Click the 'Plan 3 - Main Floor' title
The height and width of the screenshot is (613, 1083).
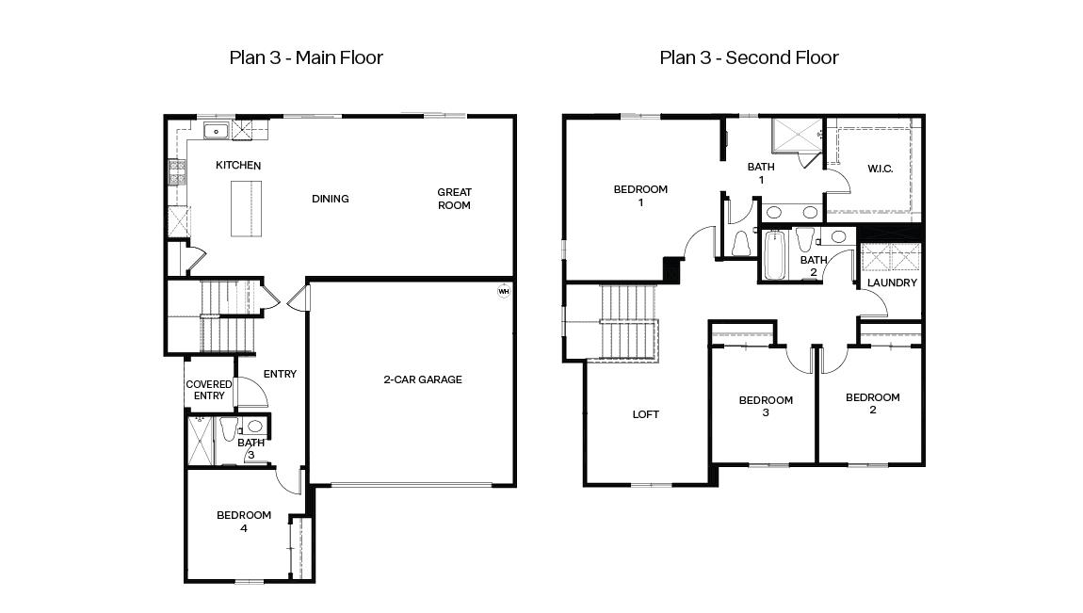tap(306, 57)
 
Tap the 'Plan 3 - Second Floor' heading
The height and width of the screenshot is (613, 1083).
tap(749, 57)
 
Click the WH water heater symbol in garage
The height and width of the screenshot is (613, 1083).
tap(503, 291)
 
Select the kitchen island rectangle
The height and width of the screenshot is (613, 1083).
tap(244, 208)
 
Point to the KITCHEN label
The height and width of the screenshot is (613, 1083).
tap(238, 166)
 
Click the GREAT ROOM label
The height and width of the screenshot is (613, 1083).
tap(454, 199)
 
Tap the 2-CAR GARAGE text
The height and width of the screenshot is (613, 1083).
tap(422, 380)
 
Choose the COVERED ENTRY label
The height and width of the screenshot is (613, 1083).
tap(209, 390)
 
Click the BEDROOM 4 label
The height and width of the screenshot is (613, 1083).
tap(244, 522)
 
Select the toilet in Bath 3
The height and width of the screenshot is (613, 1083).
tap(229, 430)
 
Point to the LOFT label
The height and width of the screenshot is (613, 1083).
tap(645, 414)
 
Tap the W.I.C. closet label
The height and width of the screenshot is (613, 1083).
tap(880, 169)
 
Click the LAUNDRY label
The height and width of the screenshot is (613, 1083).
tap(891, 282)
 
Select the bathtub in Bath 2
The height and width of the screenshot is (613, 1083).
tap(773, 256)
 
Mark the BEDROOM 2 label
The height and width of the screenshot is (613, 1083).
tap(872, 403)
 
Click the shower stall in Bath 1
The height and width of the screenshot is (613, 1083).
tap(796, 136)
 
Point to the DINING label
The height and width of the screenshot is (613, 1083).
tap(331, 199)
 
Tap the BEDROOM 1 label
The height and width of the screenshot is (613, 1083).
tap(640, 196)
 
